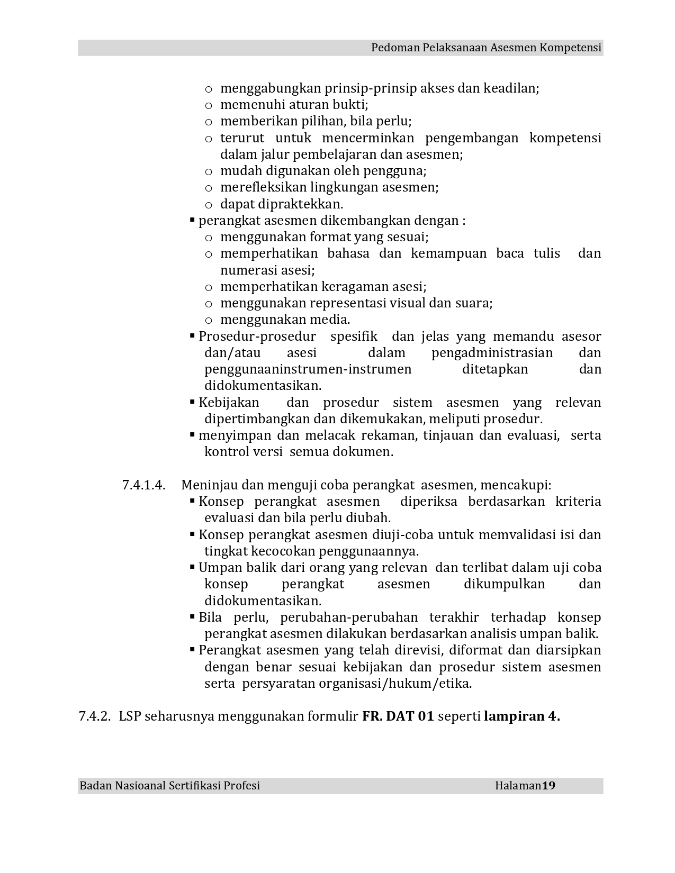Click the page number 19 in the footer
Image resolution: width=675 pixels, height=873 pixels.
point(548,786)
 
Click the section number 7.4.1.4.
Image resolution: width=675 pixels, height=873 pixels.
point(143,485)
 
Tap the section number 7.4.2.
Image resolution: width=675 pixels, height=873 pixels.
point(95,716)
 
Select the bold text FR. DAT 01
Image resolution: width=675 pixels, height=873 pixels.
point(398,716)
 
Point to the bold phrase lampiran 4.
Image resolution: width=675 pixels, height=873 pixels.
point(521,716)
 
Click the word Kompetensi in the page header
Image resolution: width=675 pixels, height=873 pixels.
point(570,48)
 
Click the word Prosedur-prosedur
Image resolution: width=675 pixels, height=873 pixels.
point(257,337)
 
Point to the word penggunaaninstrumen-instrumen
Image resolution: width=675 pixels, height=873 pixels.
point(308,369)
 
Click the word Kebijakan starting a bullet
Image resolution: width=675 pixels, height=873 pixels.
point(229,403)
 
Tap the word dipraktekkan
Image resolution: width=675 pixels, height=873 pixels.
point(282,204)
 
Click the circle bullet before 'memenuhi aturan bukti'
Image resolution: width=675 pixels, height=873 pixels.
point(209,105)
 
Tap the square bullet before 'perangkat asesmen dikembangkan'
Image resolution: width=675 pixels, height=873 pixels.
point(192,220)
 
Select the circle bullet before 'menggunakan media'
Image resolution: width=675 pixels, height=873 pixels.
point(209,320)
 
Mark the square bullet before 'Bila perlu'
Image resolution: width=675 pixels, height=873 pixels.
point(192,616)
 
